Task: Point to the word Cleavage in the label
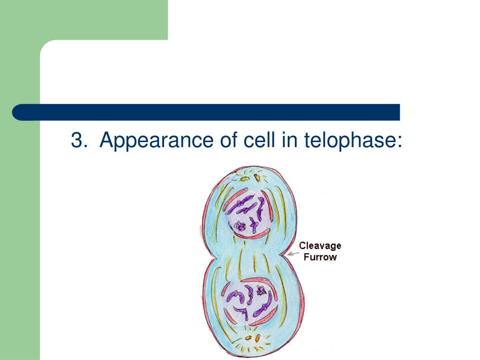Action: pyautogui.click(x=320, y=246)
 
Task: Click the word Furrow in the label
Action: pyautogui.click(x=320, y=257)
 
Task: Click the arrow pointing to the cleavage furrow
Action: pyautogui.click(x=293, y=254)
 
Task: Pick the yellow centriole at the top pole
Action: pyautogui.click(x=244, y=178)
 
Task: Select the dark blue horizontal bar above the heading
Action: pyautogui.click(x=206, y=112)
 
